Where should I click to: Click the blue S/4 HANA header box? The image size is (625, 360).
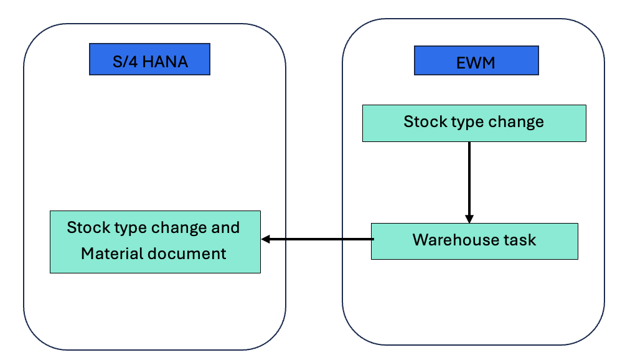click(x=149, y=59)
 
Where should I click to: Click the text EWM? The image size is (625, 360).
click(x=476, y=62)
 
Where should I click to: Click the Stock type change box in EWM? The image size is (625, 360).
click(x=474, y=123)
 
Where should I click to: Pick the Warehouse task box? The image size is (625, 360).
click(x=474, y=240)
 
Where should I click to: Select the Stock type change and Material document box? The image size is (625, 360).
click(x=154, y=241)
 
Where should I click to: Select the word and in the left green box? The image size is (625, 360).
click(x=225, y=227)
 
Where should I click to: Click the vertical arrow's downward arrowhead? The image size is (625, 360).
click(x=469, y=218)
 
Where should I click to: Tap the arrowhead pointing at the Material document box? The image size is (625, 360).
click(x=266, y=239)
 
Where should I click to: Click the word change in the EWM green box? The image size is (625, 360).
click(x=516, y=121)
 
